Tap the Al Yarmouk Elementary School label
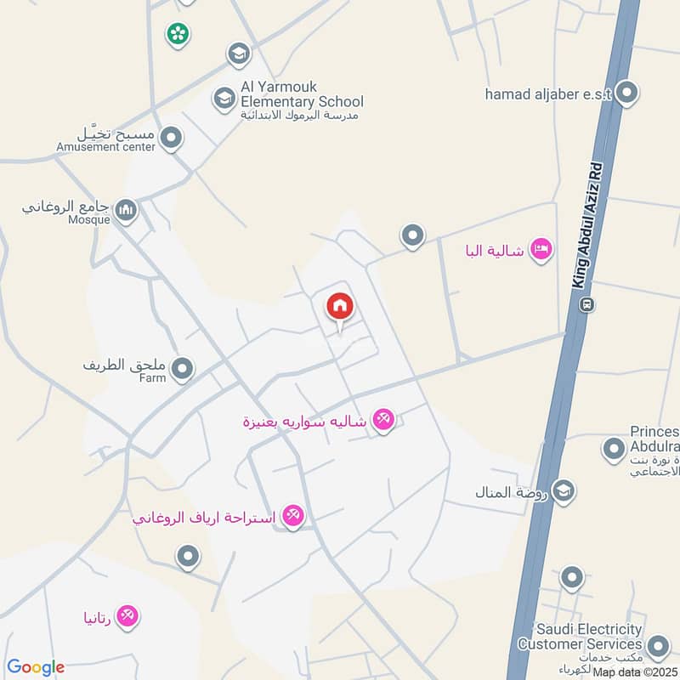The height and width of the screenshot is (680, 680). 302,94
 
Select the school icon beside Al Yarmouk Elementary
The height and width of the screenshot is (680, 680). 224,99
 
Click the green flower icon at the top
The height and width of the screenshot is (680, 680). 178,33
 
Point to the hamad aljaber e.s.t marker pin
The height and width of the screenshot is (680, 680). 627,93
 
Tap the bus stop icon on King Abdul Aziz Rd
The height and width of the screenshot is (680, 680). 586,303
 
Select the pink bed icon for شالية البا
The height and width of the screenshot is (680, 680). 541,250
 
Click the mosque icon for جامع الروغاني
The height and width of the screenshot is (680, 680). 126,209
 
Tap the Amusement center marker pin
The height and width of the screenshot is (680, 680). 172,138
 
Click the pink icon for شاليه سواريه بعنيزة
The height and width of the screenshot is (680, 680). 383,418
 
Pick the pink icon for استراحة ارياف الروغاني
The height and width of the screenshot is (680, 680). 292,515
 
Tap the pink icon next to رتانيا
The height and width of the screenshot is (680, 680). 128,615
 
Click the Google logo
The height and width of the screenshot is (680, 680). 36,668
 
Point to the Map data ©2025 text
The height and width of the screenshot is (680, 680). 634,671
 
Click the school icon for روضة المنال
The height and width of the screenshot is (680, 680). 563,490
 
